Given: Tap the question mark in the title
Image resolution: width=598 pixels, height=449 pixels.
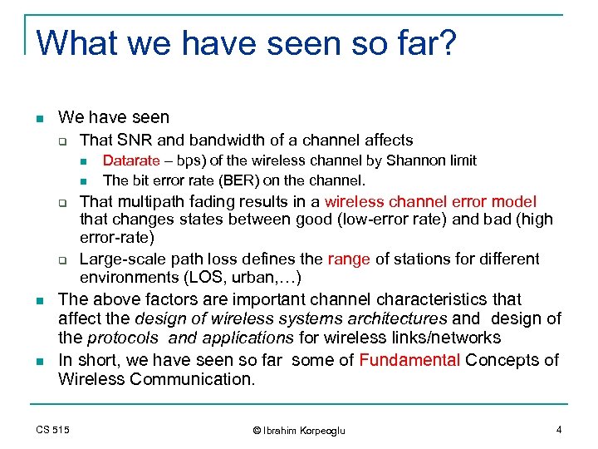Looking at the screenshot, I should pyautogui.click(x=447, y=42).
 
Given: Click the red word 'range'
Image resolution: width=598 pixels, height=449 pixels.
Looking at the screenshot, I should pyautogui.click(x=350, y=259).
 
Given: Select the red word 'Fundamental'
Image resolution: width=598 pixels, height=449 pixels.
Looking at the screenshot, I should pyautogui.click(x=410, y=360).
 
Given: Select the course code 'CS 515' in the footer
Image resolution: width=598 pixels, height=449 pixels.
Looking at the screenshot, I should pyautogui.click(x=53, y=429).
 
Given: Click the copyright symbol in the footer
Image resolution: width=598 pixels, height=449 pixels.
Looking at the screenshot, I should pyautogui.click(x=257, y=430).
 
